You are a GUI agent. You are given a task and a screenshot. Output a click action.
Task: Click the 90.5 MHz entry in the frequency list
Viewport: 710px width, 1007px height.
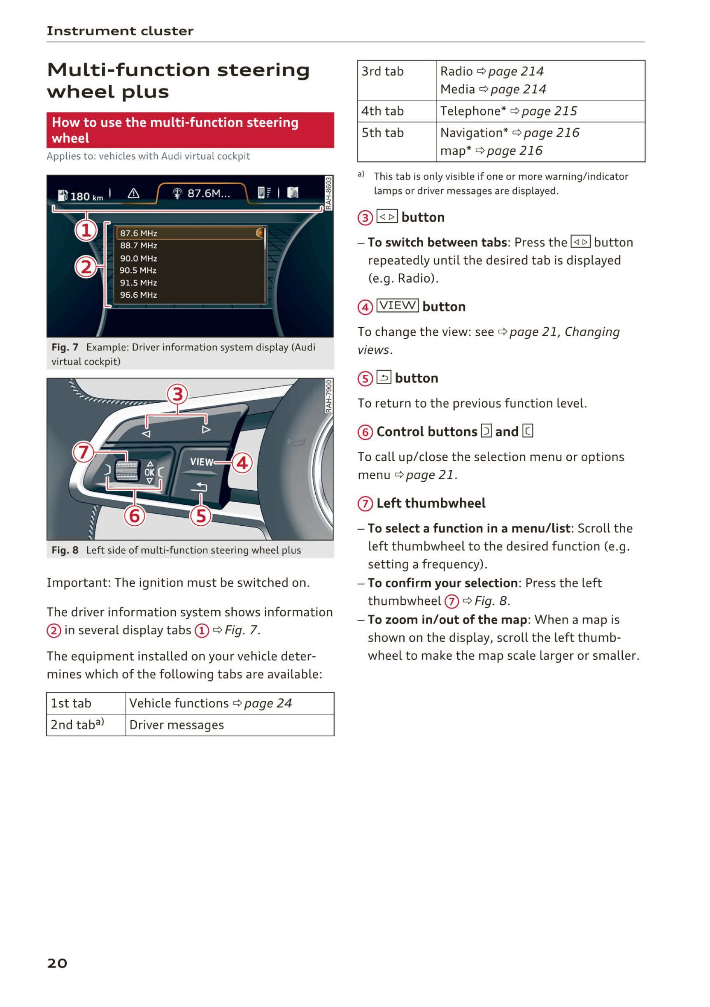click(x=138, y=271)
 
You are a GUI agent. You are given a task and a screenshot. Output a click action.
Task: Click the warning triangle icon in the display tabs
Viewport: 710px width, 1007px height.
click(x=133, y=193)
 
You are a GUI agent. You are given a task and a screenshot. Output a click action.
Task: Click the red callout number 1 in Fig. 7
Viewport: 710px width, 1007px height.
click(x=86, y=230)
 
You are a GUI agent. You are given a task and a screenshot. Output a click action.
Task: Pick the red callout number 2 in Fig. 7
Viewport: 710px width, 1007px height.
click(x=86, y=267)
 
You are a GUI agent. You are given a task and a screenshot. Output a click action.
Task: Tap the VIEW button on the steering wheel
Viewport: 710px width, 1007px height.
click(x=201, y=462)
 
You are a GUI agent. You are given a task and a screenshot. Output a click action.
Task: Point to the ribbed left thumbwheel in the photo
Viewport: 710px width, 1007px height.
click(x=127, y=471)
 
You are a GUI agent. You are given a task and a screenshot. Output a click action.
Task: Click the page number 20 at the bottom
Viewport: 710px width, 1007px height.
click(x=57, y=963)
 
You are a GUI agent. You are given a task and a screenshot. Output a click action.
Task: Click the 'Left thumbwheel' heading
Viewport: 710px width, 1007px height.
click(x=431, y=503)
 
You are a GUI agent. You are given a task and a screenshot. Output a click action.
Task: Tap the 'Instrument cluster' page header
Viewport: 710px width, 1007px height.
click(x=120, y=31)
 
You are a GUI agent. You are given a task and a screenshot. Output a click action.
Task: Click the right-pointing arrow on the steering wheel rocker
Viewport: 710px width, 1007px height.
click(x=206, y=429)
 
